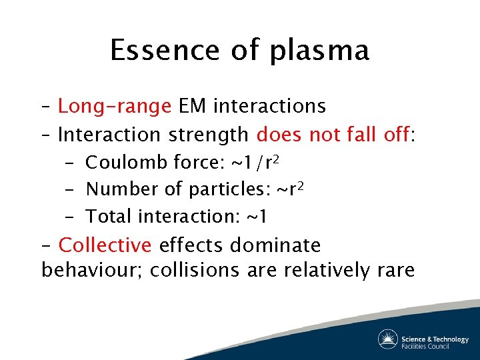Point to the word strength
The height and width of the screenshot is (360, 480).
coord(209,135)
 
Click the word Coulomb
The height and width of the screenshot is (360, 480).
coord(127,162)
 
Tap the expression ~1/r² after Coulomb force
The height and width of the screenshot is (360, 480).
coord(259,161)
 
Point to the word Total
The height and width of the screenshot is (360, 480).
coord(109,216)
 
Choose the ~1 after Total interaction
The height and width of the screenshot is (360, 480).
coord(257,217)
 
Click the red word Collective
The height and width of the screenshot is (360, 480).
coord(105,245)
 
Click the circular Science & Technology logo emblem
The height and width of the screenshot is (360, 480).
coord(388,339)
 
